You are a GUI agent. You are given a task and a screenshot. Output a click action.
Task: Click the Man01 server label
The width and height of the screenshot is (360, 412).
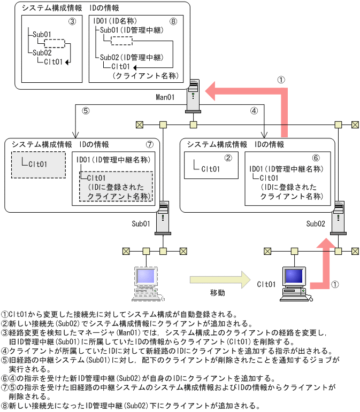point(165,97)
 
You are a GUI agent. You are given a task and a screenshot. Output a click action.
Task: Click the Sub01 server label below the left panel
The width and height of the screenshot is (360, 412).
point(141,222)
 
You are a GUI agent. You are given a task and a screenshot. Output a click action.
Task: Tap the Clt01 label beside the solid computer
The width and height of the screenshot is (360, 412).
point(266,284)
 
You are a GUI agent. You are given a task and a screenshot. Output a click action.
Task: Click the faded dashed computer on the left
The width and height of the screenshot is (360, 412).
point(144,282)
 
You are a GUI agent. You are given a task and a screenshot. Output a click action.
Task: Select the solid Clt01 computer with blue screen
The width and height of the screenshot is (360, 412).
point(295,282)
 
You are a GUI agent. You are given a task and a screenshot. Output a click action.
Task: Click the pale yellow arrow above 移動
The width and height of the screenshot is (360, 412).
point(220,279)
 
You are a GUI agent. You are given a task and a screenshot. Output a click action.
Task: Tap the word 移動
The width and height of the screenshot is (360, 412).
point(217,293)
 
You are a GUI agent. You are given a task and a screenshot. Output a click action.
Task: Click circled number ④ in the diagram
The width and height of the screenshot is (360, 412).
point(254,111)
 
